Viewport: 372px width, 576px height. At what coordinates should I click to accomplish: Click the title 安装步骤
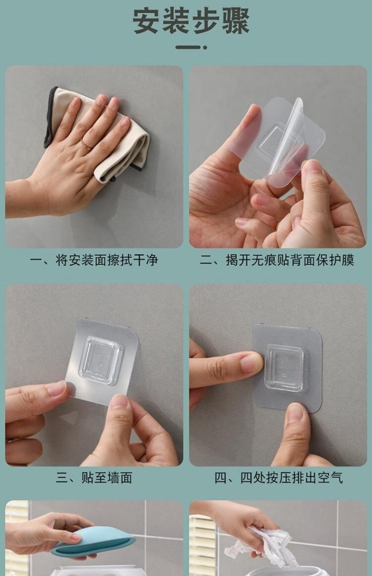pos(190,22)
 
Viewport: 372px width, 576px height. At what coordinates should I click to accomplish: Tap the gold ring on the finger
pos(86,144)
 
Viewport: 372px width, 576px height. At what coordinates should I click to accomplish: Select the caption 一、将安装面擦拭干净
pos(94,260)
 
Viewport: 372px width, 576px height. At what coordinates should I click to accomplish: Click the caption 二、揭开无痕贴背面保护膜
pos(277,260)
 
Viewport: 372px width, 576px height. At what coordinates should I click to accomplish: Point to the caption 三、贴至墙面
pos(94,478)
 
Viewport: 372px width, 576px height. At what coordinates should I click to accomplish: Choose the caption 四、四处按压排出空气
pos(278,478)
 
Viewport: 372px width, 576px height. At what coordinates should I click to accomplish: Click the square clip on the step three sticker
pos(100,360)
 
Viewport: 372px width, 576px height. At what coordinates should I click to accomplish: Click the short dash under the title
pos(187,47)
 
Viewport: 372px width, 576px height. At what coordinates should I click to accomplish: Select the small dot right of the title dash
pos(205,47)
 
